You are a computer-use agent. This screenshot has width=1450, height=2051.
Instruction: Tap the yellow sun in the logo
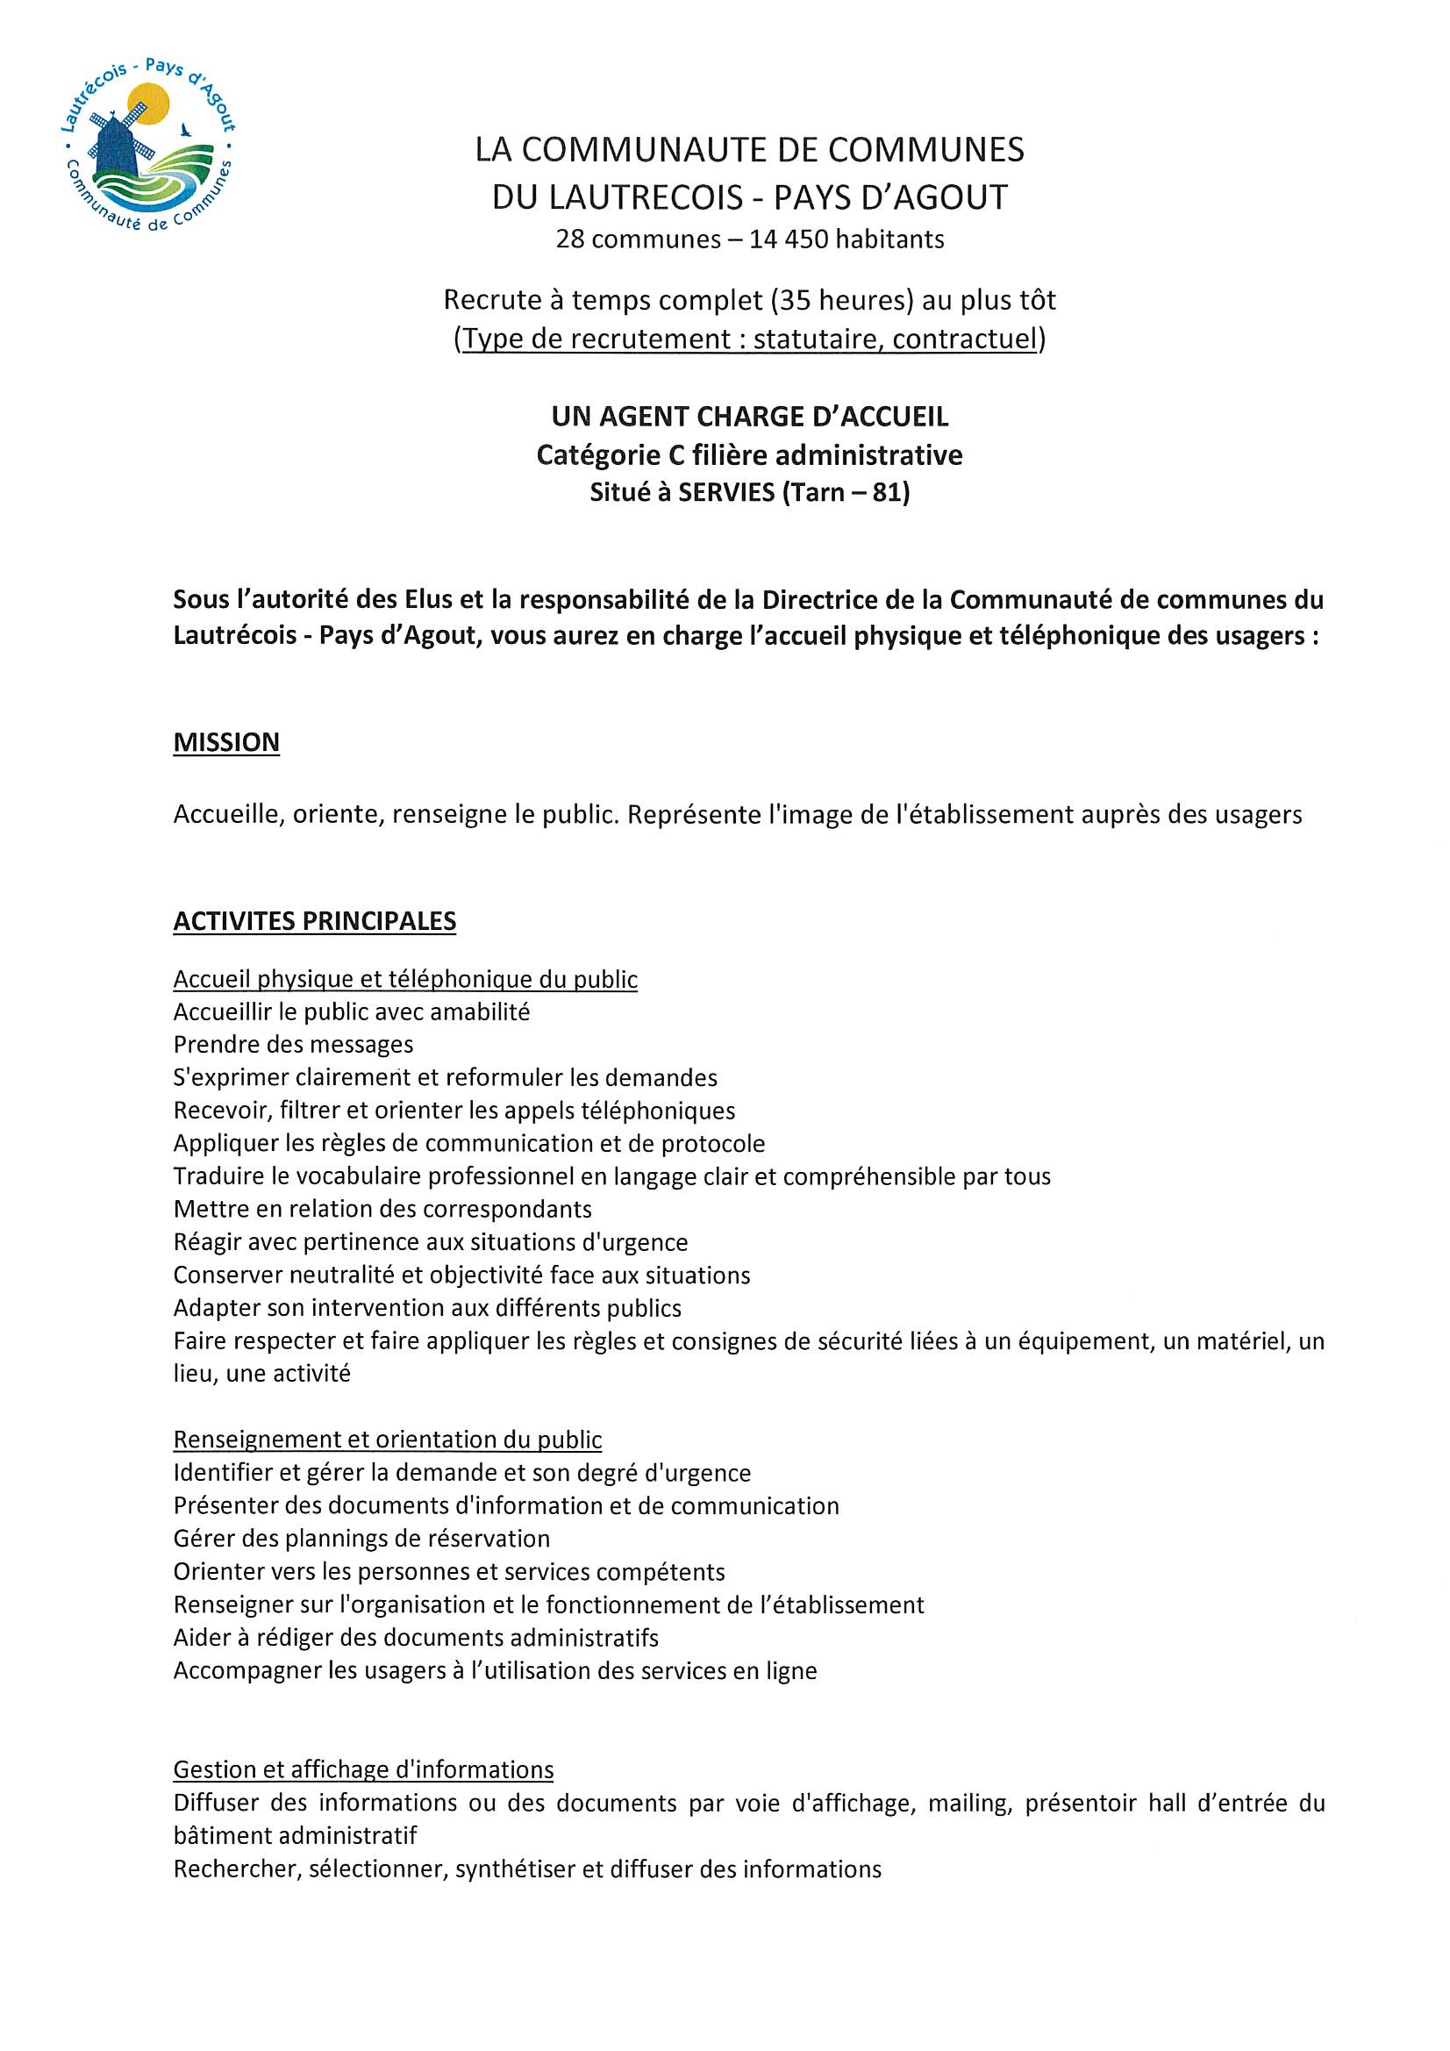[149, 102]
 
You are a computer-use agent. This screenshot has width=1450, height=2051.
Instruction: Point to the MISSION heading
[226, 742]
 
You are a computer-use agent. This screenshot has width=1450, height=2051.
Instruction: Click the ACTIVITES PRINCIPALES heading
[315, 921]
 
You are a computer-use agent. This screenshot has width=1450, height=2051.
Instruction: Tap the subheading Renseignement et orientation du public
[387, 1439]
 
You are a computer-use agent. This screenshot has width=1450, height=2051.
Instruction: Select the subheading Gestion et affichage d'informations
[363, 1769]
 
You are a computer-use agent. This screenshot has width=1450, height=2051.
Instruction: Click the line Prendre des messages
[293, 1044]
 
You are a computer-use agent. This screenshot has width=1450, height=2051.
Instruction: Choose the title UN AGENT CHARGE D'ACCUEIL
[750, 417]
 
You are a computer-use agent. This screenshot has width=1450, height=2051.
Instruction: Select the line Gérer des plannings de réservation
[361, 1539]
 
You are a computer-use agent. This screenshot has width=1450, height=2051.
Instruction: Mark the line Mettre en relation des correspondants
[382, 1209]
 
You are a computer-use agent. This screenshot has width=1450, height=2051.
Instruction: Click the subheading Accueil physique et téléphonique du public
[404, 979]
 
